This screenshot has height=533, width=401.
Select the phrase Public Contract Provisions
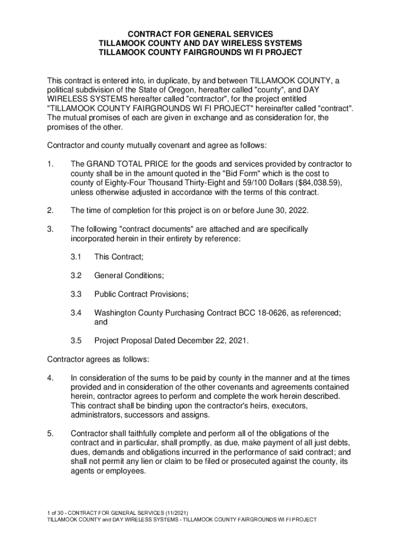point(141,294)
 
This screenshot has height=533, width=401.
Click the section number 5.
point(50,434)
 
